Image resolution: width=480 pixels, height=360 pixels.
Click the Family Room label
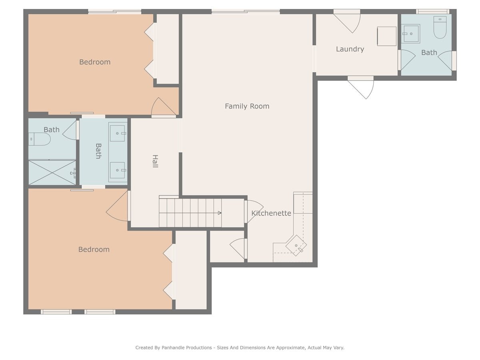(x=247, y=106)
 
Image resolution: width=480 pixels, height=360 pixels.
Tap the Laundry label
(x=350, y=49)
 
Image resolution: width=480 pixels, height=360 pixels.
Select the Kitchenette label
(x=271, y=213)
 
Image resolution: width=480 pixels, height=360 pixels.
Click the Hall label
(x=155, y=161)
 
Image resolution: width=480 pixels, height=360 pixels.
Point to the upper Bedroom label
(x=95, y=62)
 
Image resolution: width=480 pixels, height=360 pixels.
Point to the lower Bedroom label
(x=94, y=249)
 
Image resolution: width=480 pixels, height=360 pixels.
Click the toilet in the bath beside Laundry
(x=440, y=27)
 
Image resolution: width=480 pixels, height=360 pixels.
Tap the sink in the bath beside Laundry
(x=410, y=34)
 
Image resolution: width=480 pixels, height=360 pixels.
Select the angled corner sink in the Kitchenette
(x=296, y=246)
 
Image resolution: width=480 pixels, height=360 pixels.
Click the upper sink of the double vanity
(x=118, y=133)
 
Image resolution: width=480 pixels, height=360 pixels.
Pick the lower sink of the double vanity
(x=118, y=170)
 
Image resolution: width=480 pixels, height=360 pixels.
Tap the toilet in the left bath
(x=39, y=139)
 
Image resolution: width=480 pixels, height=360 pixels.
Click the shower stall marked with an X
(x=52, y=172)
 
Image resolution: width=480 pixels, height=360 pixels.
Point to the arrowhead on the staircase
(x=220, y=213)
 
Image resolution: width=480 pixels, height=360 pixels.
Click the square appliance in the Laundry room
(x=387, y=36)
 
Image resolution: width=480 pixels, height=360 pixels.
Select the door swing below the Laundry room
(x=363, y=88)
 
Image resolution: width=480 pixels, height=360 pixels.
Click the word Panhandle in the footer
(x=186, y=348)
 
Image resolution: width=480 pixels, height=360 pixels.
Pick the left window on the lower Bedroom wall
(x=56, y=312)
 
